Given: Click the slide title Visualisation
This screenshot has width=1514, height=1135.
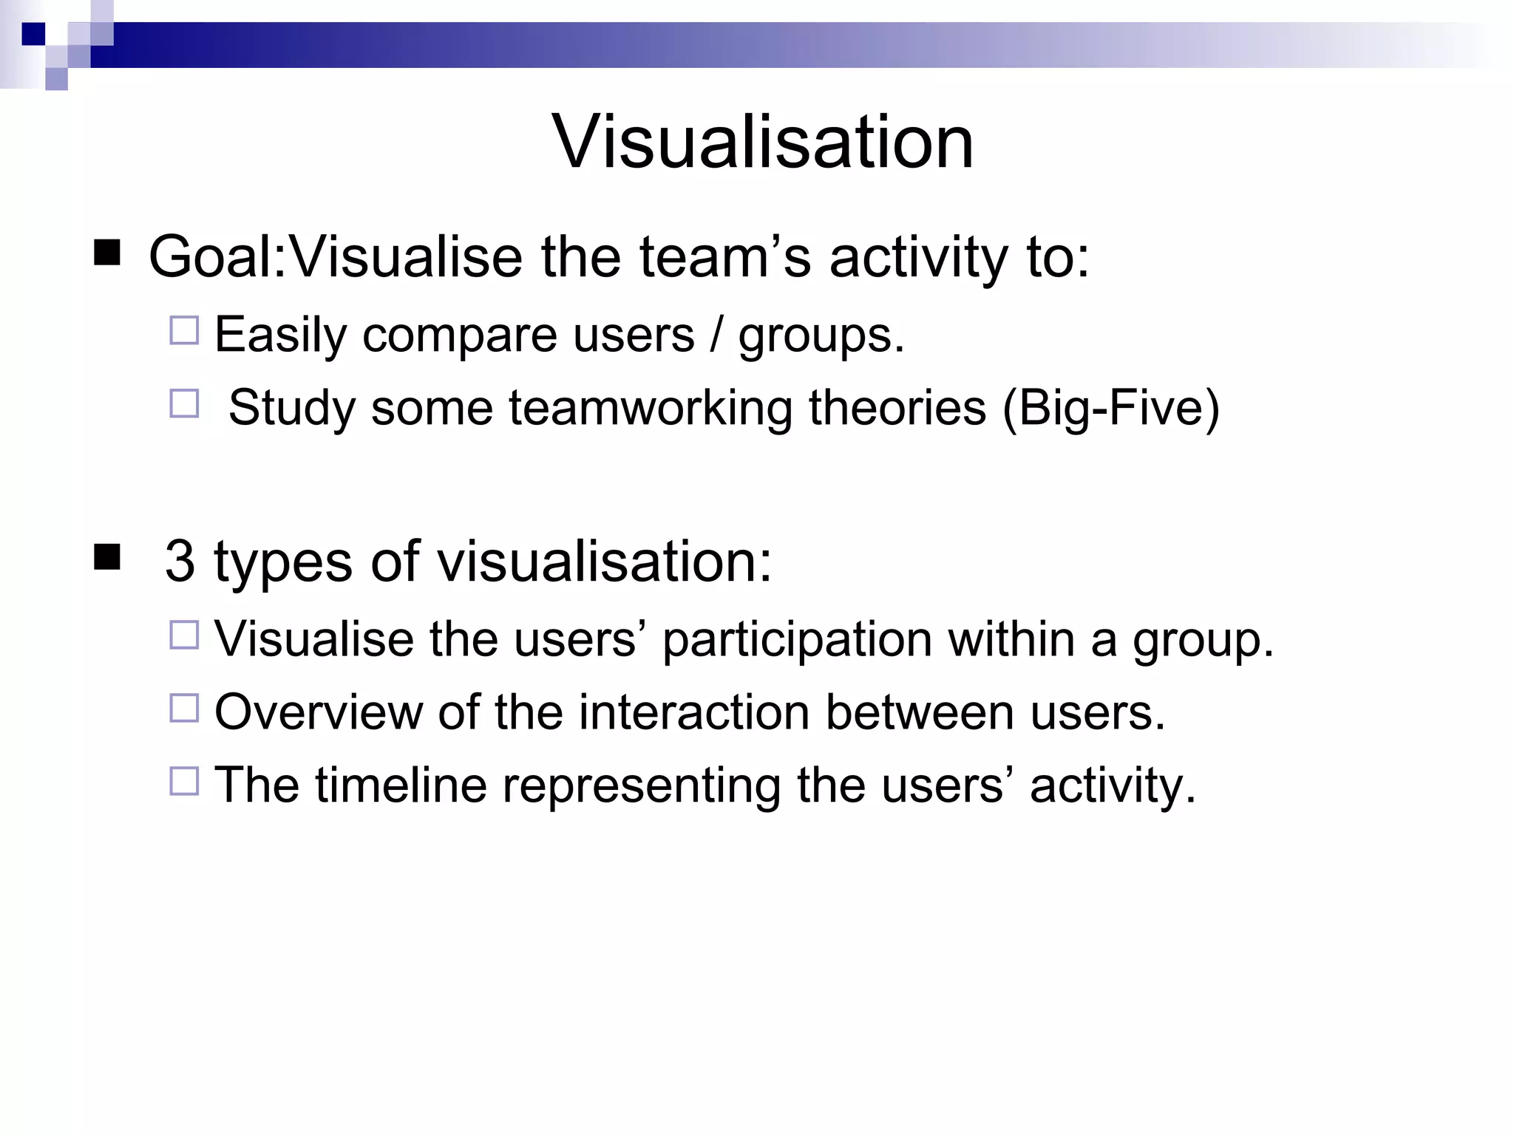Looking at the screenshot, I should [762, 142].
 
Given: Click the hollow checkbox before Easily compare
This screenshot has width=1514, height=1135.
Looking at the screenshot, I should [184, 330].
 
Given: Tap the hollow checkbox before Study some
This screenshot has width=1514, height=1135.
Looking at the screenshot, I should [184, 403].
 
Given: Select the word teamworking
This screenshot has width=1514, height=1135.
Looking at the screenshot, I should [651, 408].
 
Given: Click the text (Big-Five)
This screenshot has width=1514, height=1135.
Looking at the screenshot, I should [1110, 408].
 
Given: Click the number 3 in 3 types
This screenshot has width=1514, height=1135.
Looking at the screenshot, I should [180, 562].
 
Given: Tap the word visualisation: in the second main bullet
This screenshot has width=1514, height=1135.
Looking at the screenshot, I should [604, 562].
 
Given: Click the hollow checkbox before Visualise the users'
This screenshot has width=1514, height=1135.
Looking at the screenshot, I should [184, 635].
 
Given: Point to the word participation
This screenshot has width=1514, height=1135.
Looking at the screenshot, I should [796, 640].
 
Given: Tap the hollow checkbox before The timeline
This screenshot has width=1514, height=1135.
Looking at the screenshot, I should [184, 780].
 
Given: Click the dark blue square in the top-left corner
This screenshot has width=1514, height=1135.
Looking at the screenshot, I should [33, 34].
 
